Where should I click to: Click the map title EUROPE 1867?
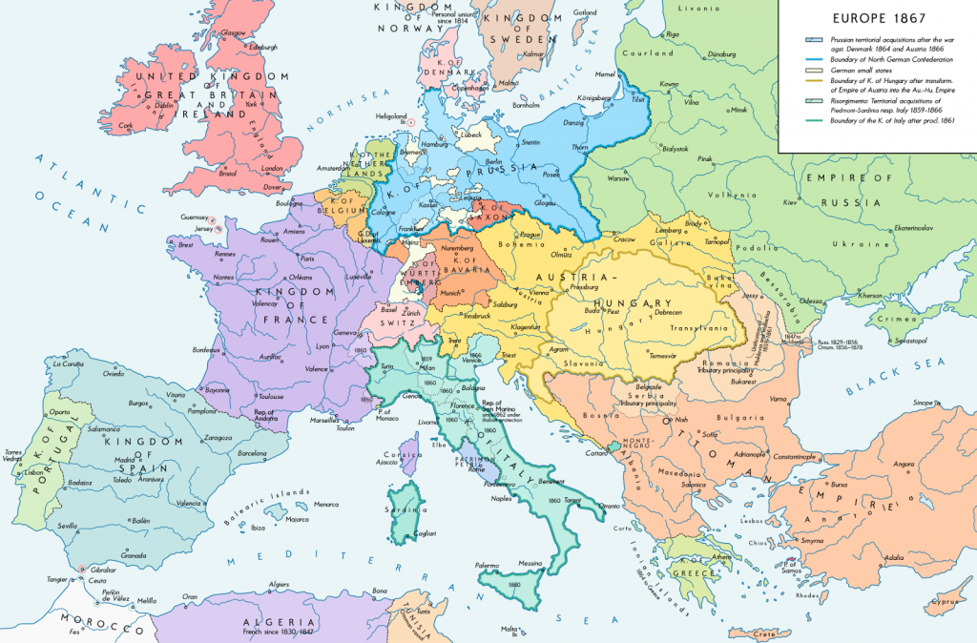click(x=872, y=16)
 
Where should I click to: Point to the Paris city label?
click(x=306, y=259)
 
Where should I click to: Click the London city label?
click(x=273, y=169)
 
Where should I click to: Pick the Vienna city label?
click(x=540, y=293)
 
